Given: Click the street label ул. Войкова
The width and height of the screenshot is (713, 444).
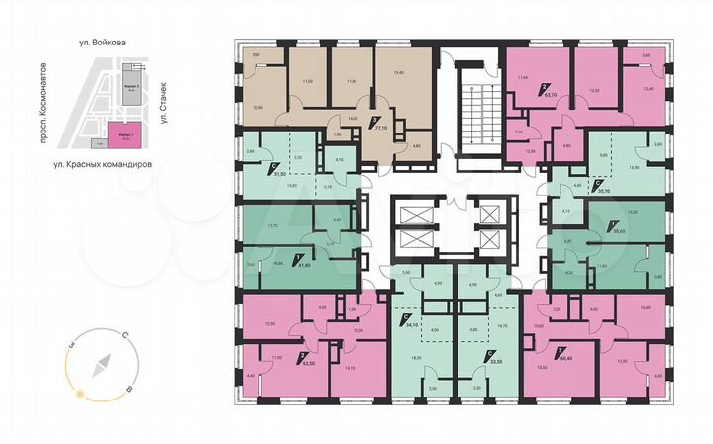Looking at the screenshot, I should click(106, 43).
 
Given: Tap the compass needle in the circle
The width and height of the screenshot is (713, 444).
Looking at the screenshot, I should click(98, 369).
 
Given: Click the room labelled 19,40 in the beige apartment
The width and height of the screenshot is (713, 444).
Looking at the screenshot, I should click(399, 72).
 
